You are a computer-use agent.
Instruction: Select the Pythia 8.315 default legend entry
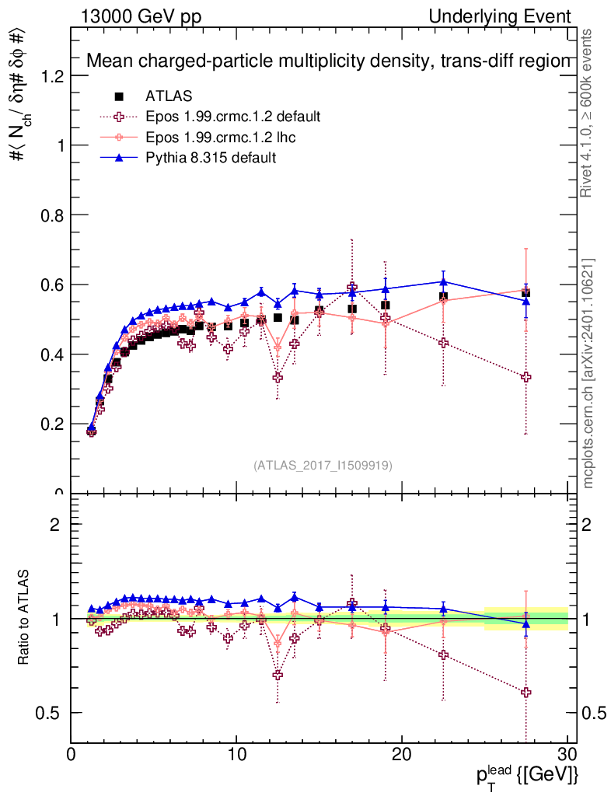211,158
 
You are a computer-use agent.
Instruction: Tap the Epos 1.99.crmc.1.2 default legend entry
232,117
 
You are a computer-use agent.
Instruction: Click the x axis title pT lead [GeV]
528,775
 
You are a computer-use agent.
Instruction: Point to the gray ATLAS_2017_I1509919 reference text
323,466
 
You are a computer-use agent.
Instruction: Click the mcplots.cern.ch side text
589,373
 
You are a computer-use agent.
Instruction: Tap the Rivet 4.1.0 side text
589,113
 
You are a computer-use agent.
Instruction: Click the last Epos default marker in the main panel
526,377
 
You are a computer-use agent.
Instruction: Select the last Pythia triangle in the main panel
526,301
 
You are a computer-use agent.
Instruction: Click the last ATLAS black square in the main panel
526,292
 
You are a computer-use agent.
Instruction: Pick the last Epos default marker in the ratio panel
526,692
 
